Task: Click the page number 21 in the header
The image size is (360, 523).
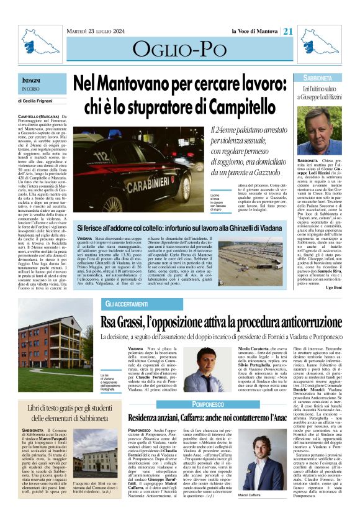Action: [288, 30]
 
